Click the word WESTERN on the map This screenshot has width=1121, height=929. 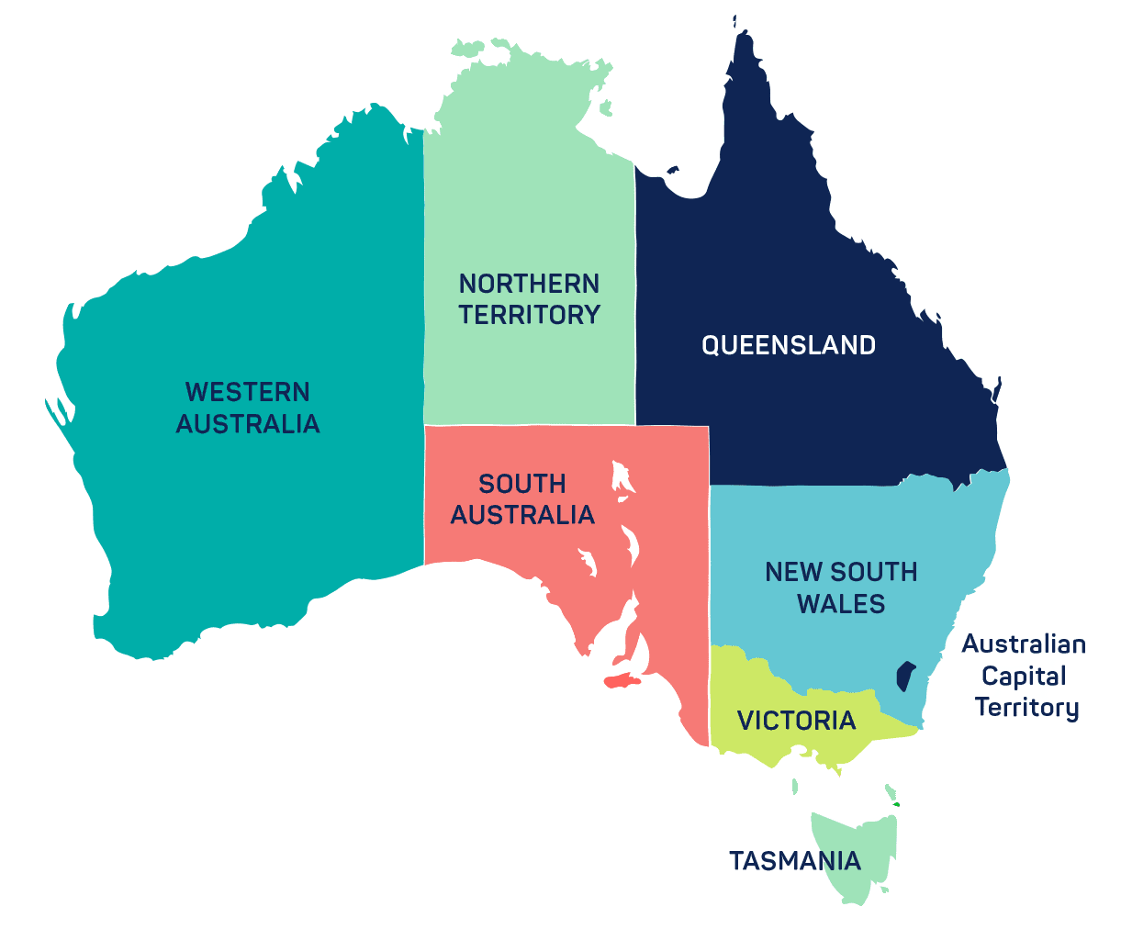point(247,392)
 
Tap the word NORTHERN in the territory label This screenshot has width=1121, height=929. point(529,283)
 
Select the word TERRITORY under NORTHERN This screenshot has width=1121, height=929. point(529,314)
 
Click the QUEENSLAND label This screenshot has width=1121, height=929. point(789,345)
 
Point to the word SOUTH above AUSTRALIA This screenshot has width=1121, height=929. point(521,484)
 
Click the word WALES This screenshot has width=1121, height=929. point(841,603)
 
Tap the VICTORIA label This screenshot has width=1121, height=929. point(796,721)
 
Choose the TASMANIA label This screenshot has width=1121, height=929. point(794,861)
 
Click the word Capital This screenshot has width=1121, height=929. point(1023,676)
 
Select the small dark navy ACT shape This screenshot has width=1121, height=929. point(905,677)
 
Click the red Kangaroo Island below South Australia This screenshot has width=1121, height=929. point(620,680)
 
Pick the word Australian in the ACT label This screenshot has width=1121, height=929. point(1023,644)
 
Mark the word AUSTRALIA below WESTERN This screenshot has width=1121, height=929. point(247,424)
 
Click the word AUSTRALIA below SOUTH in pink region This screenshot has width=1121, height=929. point(521,515)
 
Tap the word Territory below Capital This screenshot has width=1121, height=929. point(1026,707)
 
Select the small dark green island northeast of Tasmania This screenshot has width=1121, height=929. point(896,805)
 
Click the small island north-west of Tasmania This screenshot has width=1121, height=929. point(796,786)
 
